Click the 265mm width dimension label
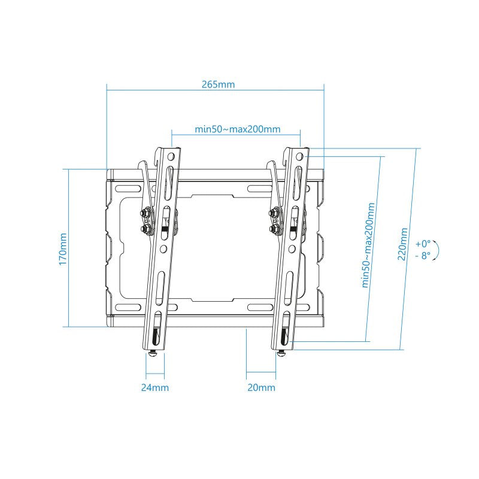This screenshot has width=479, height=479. coord(218,84)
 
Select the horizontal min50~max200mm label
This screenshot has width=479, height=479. coord(237,129)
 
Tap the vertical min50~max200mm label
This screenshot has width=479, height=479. coord(369,245)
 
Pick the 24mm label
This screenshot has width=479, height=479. coord(154,387)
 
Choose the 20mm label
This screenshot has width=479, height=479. coord(261,387)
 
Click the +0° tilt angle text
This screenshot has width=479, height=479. coord(423,244)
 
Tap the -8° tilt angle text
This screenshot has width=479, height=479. coord(423,255)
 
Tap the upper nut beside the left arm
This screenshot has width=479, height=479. coord(145,213)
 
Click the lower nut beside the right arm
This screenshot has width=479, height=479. coord(275,228)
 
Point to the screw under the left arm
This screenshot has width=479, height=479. coord(154,354)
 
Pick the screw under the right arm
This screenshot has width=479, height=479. coord(281,354)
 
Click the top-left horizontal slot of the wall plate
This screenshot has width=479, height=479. coord(131,187)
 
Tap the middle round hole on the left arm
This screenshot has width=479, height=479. coord(163,247)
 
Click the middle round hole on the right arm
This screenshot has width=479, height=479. coord(293,247)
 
